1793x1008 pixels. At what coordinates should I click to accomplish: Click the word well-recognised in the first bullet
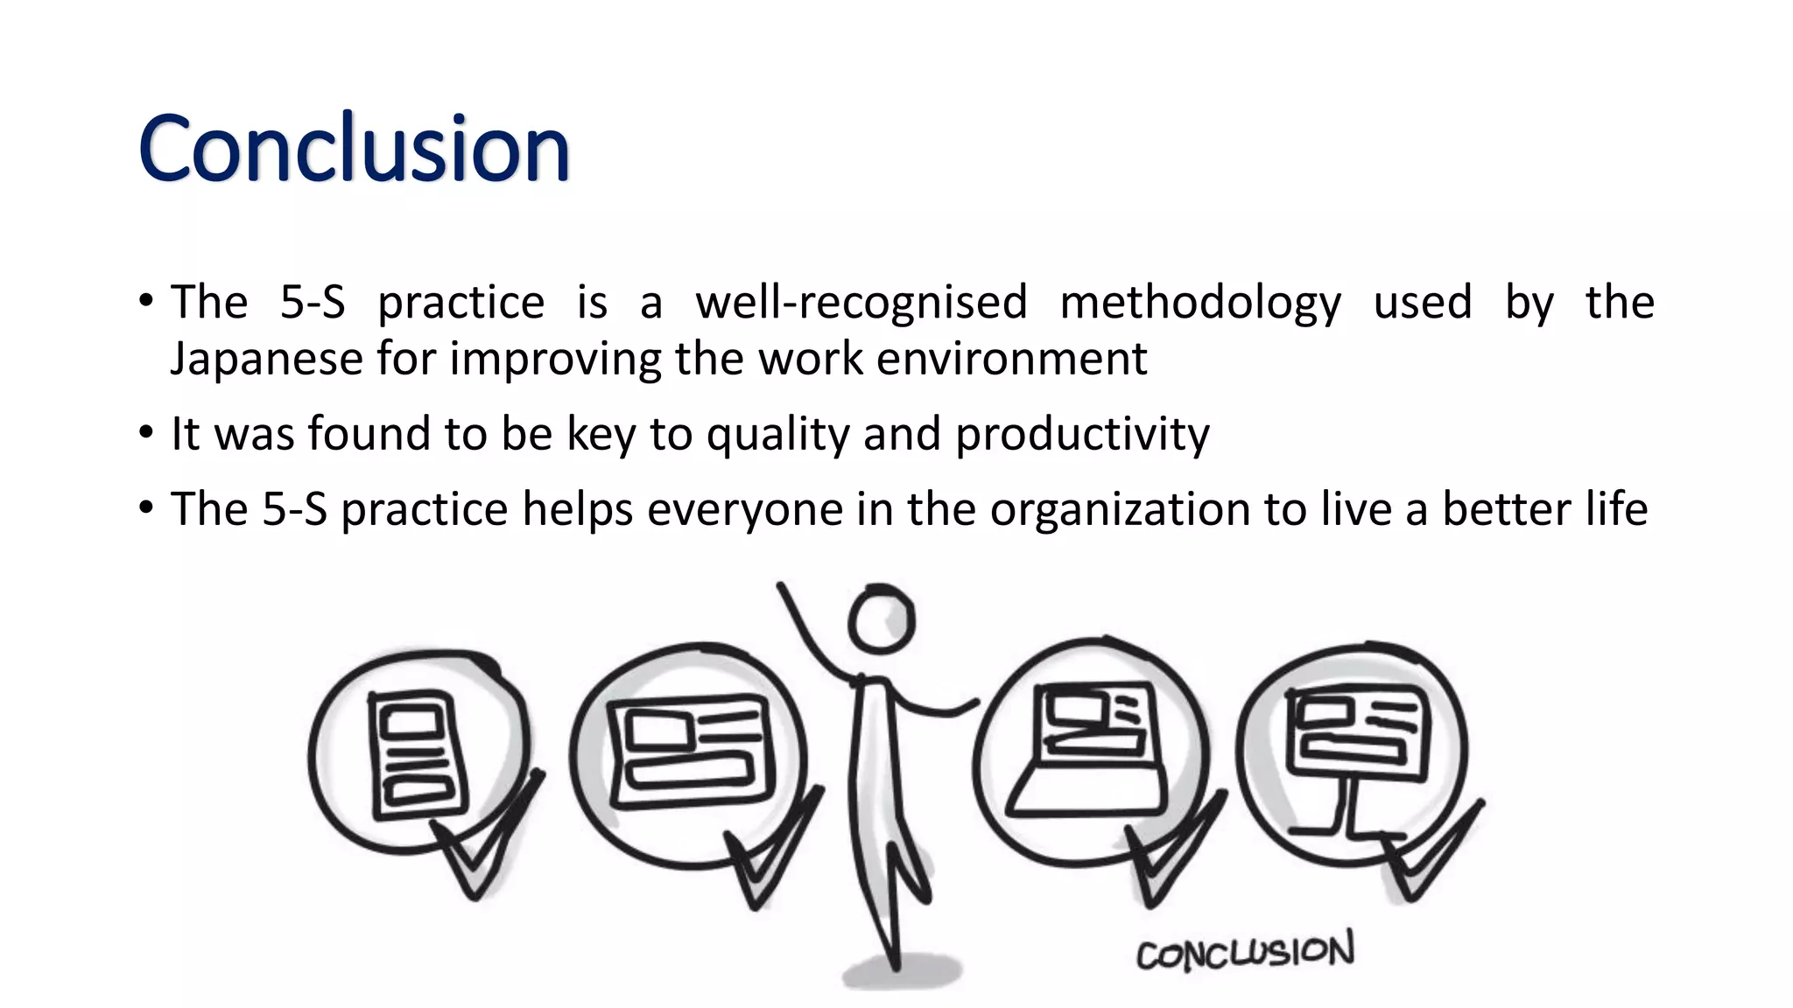point(861,303)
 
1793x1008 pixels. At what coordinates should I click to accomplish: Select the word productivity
point(1082,435)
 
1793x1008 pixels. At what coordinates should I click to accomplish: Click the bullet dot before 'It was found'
point(146,432)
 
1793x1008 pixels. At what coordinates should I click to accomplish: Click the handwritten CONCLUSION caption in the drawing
point(1245,952)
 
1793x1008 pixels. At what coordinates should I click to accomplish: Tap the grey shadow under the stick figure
point(902,972)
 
